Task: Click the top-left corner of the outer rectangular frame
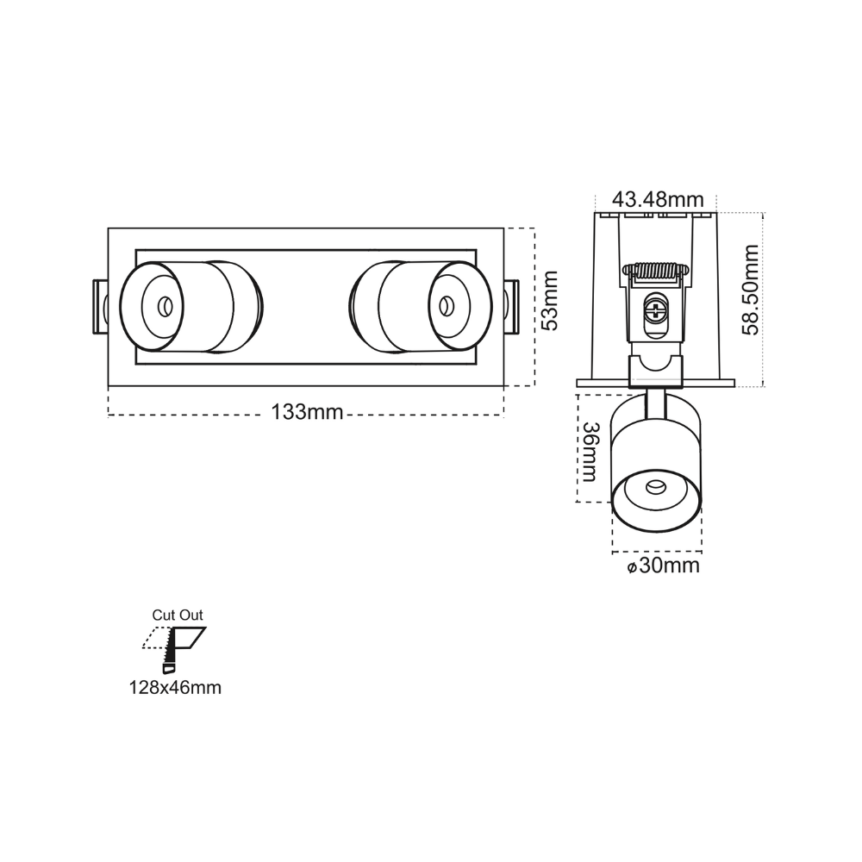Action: [x=109, y=228]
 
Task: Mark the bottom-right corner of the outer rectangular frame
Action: [x=503, y=386]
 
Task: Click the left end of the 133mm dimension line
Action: [x=109, y=415]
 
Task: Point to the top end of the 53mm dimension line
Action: [x=534, y=228]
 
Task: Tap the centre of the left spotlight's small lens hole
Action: [x=165, y=307]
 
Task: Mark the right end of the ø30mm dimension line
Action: [x=702, y=552]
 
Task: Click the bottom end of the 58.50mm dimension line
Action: [x=763, y=386]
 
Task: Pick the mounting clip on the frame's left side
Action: [x=100, y=307]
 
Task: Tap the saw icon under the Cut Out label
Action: [x=169, y=650]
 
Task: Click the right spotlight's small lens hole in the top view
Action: [x=447, y=306]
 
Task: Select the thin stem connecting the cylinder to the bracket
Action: [x=656, y=407]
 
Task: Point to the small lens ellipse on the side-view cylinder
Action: [x=655, y=486]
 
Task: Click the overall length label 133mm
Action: [x=308, y=412]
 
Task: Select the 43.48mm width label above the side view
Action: [x=658, y=199]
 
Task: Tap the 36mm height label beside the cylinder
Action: [x=590, y=452]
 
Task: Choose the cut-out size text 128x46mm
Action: [x=175, y=687]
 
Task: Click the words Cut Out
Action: [x=178, y=615]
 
